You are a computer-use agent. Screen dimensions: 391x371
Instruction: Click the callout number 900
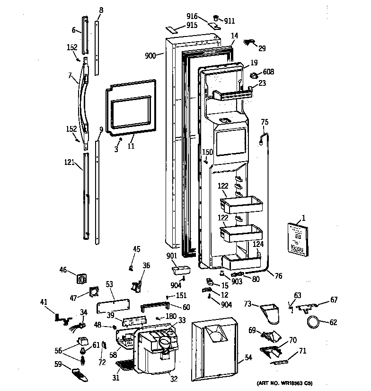[x=150, y=55]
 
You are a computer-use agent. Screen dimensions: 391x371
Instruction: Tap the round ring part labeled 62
[x=314, y=323]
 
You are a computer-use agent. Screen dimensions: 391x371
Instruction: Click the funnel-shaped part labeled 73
[x=271, y=313]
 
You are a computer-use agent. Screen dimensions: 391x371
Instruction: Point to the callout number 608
[x=268, y=72]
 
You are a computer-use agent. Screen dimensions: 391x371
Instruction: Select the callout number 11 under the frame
[x=131, y=146]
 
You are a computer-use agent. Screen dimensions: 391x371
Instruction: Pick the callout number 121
[x=69, y=163]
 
